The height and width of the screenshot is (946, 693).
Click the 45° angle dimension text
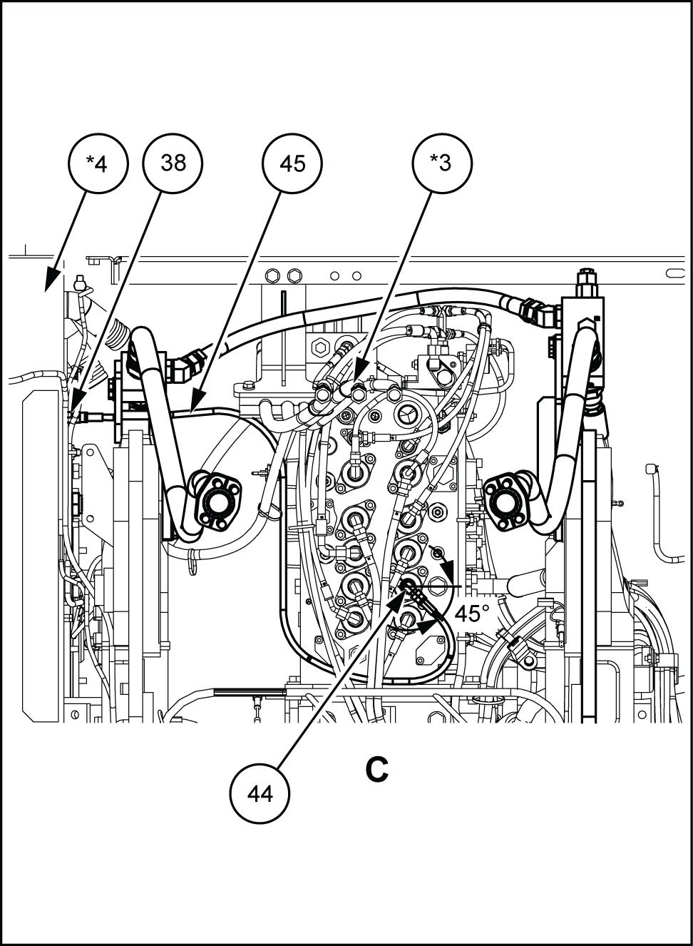coord(472,614)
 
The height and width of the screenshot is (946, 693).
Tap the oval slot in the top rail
coord(675,273)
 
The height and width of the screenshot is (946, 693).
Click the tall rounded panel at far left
coord(40,555)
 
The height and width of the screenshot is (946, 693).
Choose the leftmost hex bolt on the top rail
coord(272,276)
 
